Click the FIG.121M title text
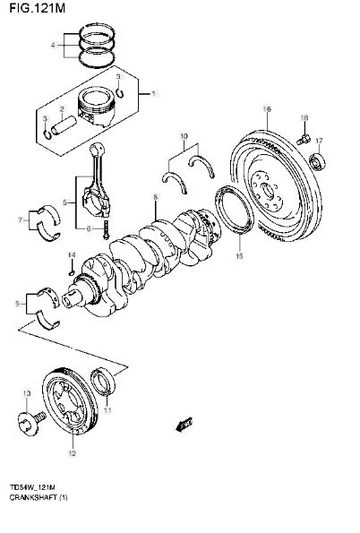[37, 7]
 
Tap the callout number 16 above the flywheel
[267, 109]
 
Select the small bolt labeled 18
[303, 139]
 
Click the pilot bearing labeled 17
[318, 161]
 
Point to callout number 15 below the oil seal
[239, 255]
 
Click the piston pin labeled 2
[63, 125]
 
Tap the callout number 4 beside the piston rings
[53, 45]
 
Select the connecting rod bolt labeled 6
[106, 229]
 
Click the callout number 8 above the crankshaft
[155, 197]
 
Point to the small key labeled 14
[71, 272]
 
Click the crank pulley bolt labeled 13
[31, 422]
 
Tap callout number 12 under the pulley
[73, 453]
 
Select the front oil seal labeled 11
[103, 382]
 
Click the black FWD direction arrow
[184, 424]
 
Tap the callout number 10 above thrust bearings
[184, 136]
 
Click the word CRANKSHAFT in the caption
[33, 497]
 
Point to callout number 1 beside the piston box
[154, 93]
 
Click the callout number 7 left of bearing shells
[20, 220]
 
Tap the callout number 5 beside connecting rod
[65, 203]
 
